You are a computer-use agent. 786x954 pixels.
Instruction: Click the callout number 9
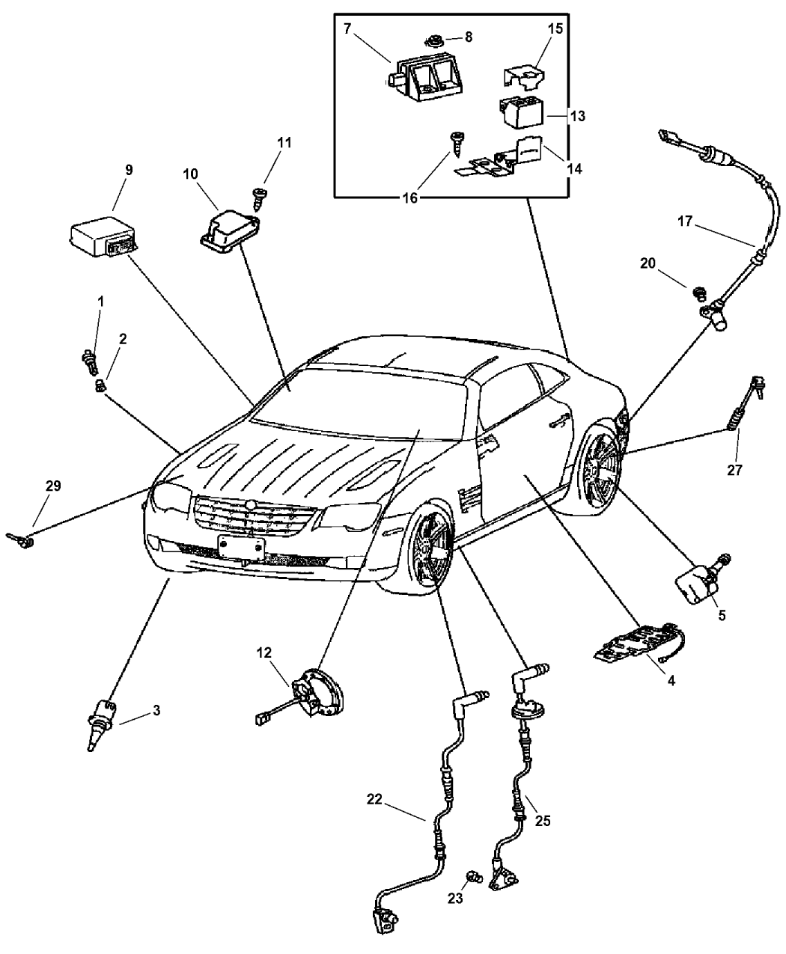[129, 171]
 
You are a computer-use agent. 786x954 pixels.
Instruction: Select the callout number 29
[52, 486]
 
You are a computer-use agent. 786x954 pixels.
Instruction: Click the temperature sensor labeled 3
[102, 721]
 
